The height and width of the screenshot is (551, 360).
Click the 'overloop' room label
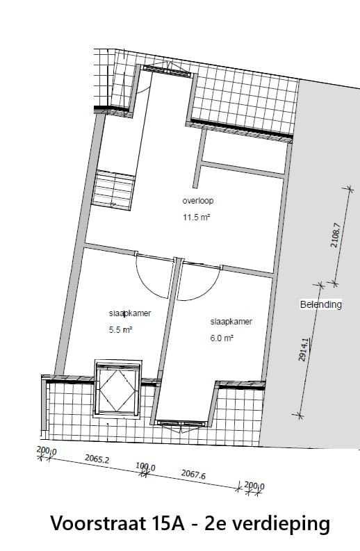coord(197,201)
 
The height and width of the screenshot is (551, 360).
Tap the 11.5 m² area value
coord(197,217)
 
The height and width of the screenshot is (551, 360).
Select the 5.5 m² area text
coord(120,331)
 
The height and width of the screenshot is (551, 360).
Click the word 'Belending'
coord(320,304)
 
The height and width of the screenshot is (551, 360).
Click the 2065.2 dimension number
coord(98,459)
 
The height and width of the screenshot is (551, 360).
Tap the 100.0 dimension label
coord(145,468)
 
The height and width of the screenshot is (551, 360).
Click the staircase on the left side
coord(113,188)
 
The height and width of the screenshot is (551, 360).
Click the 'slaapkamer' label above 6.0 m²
coord(231,322)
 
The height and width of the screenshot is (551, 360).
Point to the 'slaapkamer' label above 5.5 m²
coord(129,314)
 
